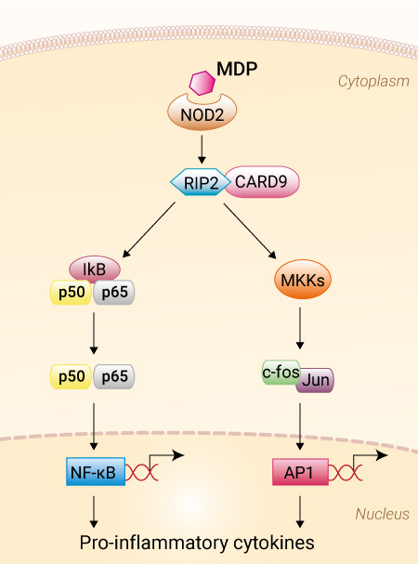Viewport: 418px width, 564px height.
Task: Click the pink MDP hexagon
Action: point(202,83)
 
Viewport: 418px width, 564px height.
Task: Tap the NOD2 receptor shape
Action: point(202,114)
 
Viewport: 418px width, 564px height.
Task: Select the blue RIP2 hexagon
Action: point(201,182)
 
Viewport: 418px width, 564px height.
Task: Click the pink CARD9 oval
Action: point(262,181)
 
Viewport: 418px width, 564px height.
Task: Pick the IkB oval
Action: point(95,269)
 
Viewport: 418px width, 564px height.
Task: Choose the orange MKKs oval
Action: point(303,280)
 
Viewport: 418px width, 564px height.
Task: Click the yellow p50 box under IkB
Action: point(72,292)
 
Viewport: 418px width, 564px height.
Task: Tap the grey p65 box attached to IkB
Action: point(114,292)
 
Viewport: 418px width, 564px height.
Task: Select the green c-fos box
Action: point(281,373)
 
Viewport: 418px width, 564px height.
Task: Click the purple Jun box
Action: point(316,380)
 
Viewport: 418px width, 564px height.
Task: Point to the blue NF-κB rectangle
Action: point(96,472)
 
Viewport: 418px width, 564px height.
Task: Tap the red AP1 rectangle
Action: point(300,472)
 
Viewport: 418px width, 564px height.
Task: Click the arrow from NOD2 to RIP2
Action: point(202,150)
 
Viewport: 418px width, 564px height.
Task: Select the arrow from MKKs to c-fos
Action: point(300,328)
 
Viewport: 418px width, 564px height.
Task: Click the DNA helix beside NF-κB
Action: point(142,472)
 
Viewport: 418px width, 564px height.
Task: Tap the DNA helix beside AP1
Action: point(346,472)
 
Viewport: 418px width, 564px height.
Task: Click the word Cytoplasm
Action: point(373,81)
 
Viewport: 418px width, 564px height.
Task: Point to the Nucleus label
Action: point(382,514)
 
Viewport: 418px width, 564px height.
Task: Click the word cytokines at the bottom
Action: point(274,543)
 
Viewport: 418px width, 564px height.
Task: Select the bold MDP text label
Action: point(237,69)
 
